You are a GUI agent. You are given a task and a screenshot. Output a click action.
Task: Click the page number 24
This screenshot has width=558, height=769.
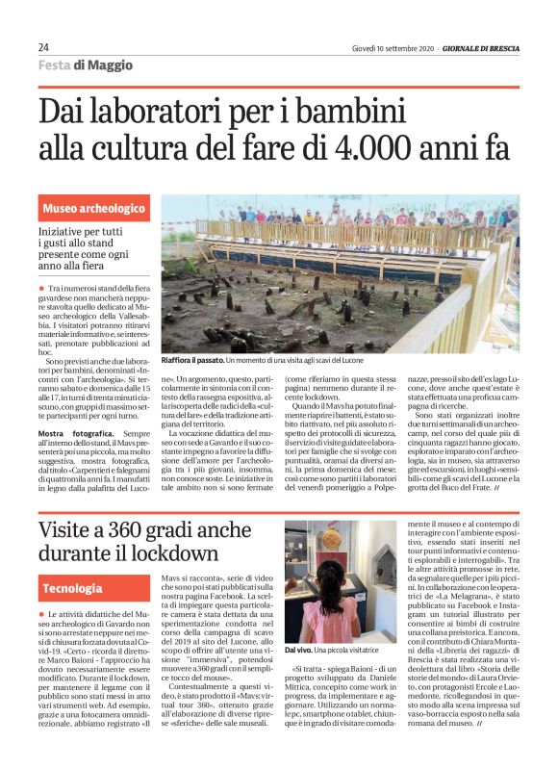pyautogui.click(x=44, y=47)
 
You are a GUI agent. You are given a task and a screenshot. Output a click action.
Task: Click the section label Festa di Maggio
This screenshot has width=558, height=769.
pyautogui.click(x=86, y=65)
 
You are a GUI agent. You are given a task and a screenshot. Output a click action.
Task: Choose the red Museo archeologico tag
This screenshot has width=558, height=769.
pyautogui.click(x=93, y=208)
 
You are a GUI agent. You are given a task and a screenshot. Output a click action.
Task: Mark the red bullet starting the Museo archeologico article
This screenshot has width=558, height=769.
pyautogui.click(x=41, y=289)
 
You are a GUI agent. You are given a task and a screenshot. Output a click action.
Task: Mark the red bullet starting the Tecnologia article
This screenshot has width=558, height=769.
pyautogui.click(x=41, y=613)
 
